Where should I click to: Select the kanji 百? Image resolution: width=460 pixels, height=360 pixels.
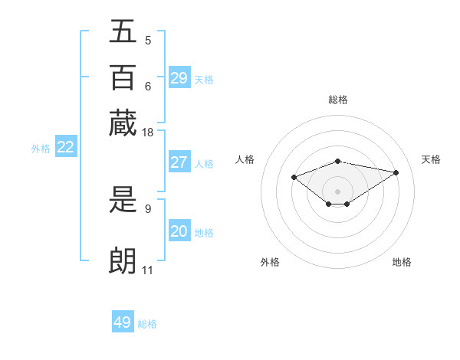pos(123,77)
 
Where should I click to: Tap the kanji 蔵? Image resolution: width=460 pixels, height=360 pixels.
pos(123,123)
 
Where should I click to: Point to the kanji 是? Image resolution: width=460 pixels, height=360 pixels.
pos(123,201)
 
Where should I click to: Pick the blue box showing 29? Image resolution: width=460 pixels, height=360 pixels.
pos(179,78)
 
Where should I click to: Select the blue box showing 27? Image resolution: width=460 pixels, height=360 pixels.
pos(179,162)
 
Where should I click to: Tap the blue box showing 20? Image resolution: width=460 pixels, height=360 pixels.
pos(179,231)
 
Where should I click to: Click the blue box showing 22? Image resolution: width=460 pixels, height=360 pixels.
pos(65,148)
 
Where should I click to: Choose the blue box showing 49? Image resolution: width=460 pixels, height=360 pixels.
pos(123,322)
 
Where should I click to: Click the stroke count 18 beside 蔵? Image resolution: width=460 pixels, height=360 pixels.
pos(148,133)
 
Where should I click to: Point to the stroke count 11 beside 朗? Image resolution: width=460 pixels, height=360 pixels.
pos(147,270)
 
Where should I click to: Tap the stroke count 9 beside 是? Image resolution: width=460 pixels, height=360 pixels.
pos(147,208)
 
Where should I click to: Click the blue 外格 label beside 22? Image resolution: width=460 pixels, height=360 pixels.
pos(41,149)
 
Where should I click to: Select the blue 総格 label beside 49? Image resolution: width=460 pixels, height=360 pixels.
pos(147,323)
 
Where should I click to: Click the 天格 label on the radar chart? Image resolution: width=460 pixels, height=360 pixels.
pos(431,159)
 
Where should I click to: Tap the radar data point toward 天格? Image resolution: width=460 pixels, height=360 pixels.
pos(396,172)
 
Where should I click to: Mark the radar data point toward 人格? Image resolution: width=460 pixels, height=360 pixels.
pos(294,177)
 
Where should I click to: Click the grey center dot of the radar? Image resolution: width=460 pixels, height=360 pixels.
pos(337,191)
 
